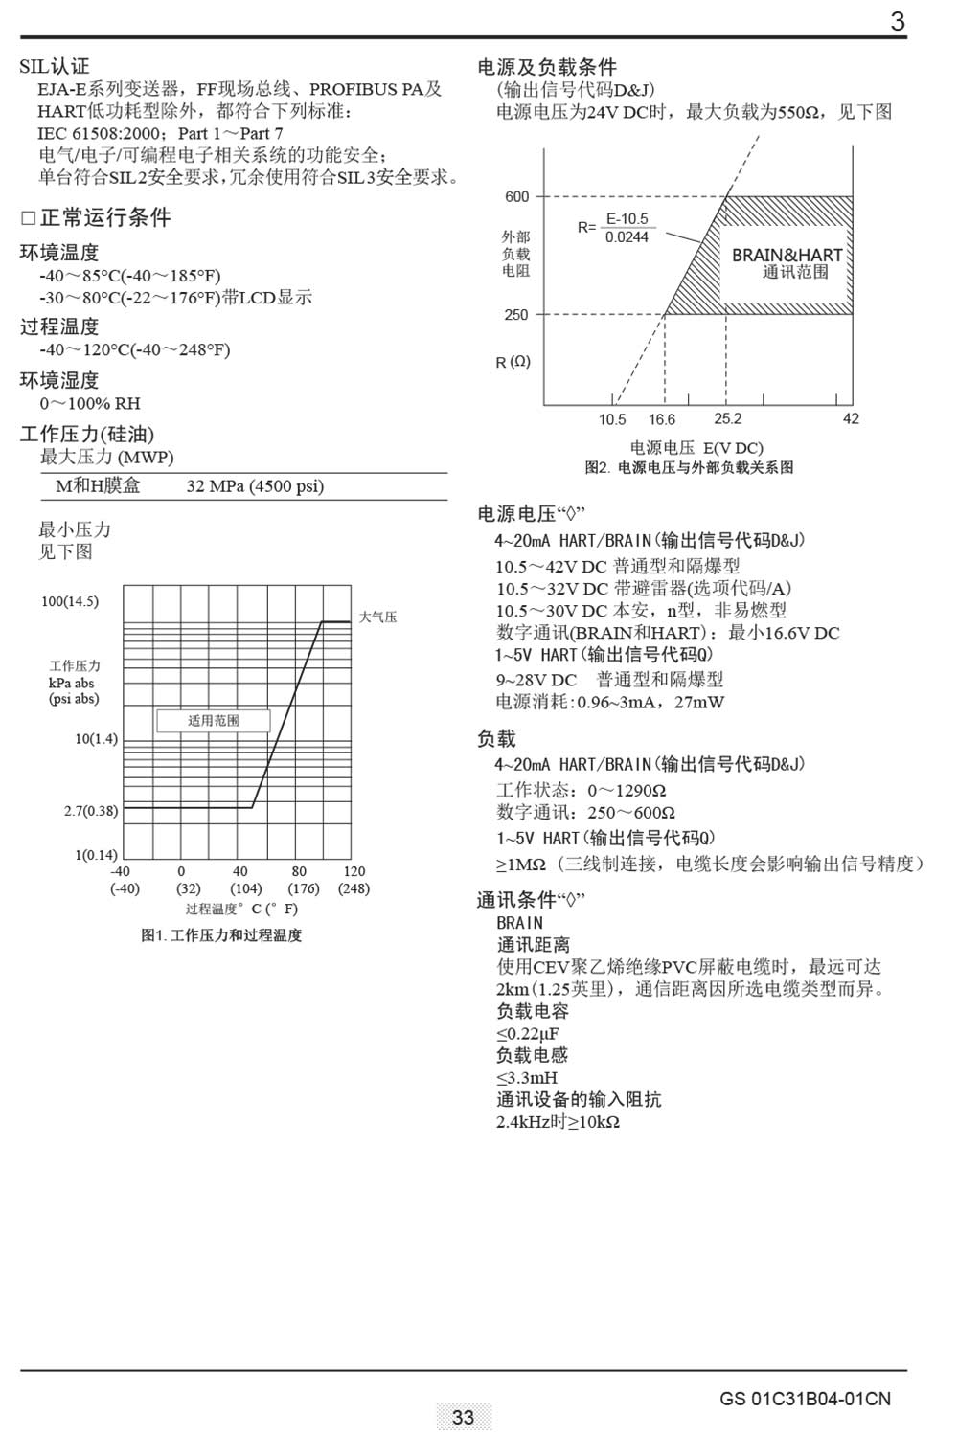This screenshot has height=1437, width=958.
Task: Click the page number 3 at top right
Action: coord(897,21)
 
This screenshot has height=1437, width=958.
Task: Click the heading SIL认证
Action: coord(55,66)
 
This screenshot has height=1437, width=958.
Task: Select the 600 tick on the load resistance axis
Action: coord(516,196)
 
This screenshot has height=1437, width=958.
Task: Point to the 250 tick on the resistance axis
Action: coord(516,314)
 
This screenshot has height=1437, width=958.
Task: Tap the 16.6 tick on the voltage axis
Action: coord(661,419)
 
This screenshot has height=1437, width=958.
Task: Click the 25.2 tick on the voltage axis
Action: coord(728,418)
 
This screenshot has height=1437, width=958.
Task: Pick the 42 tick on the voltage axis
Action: coord(851,418)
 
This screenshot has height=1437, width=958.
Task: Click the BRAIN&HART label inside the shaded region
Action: coord(787,255)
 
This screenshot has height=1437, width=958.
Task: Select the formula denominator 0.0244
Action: coord(627,237)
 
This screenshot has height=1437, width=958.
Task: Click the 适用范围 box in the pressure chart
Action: coord(213,721)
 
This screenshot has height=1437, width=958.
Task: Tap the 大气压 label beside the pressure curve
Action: coord(377,617)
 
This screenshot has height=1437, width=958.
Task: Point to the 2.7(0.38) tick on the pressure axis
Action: coord(91,811)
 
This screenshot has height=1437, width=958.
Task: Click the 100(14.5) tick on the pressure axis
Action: coord(69,601)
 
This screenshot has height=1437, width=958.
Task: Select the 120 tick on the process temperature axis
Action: coord(354,871)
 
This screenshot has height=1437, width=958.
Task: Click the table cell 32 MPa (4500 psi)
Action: coord(255,486)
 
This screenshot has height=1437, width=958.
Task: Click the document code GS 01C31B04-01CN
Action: coord(805,1399)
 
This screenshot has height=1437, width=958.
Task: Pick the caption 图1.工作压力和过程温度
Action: coord(221,935)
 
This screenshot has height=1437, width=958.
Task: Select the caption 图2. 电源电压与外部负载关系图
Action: coord(689,467)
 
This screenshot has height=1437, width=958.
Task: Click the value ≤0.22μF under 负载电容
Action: coord(527,1033)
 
